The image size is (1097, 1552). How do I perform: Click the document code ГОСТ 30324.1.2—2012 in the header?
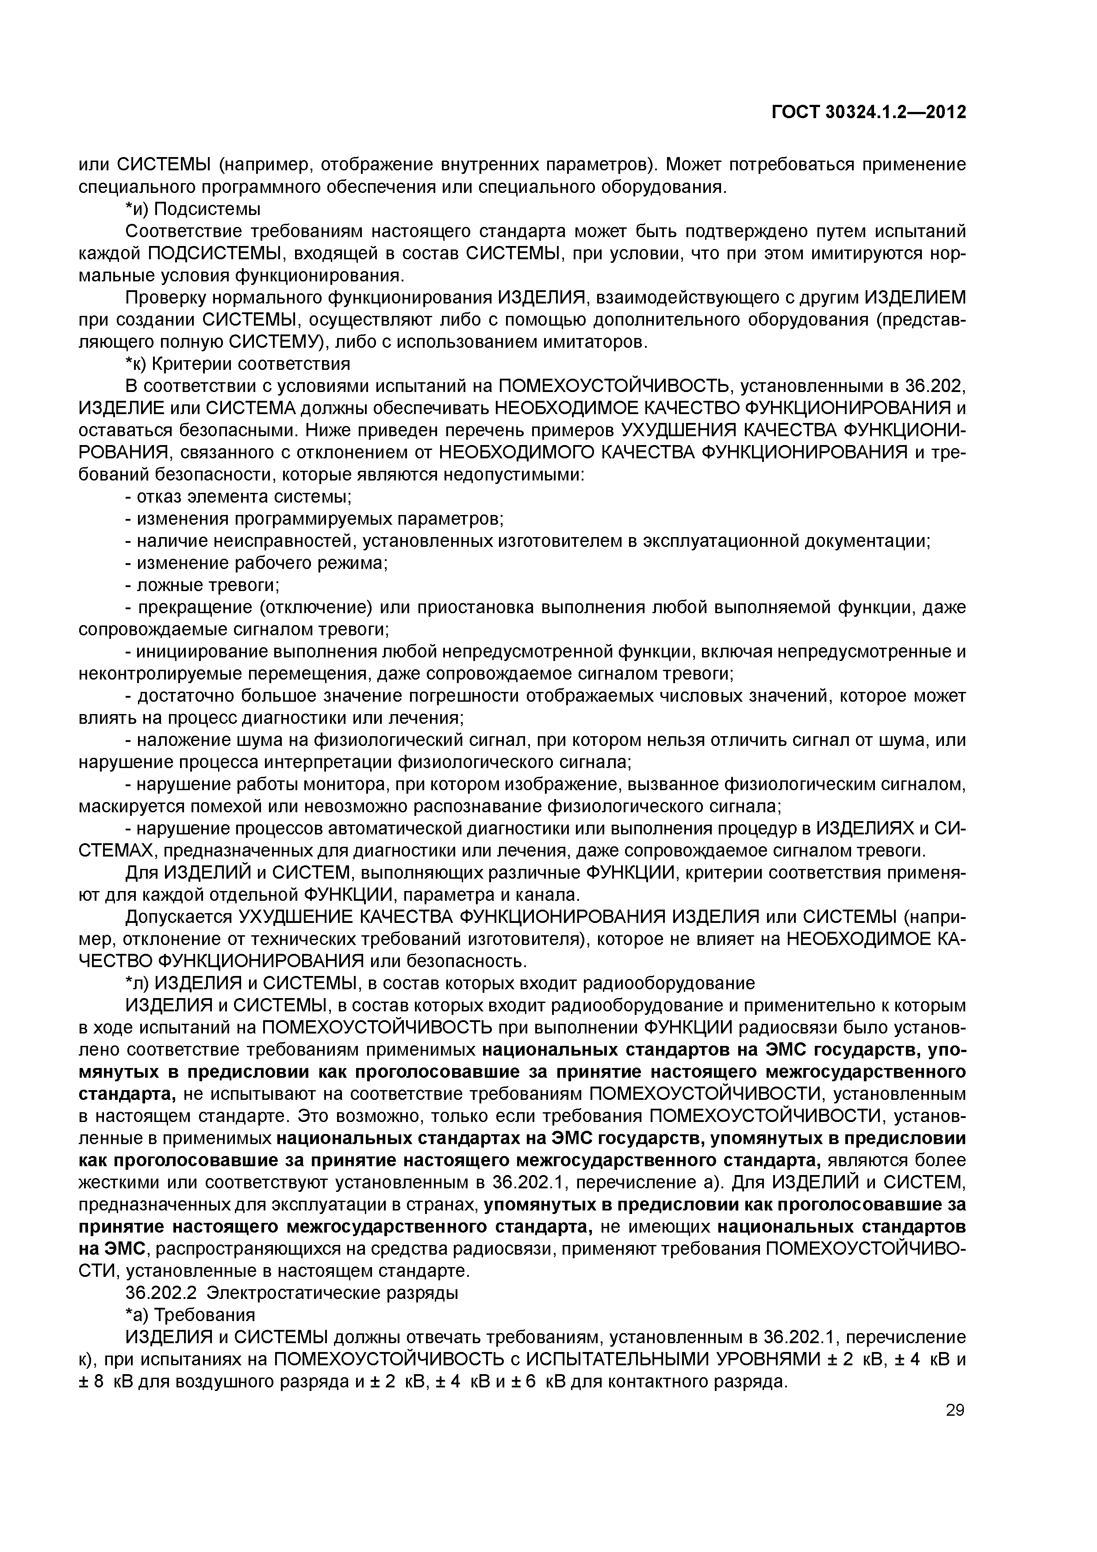pyautogui.click(x=869, y=112)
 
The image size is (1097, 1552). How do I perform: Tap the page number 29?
pyautogui.click(x=955, y=1410)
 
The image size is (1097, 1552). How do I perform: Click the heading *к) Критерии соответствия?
pyautogui.click(x=238, y=365)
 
